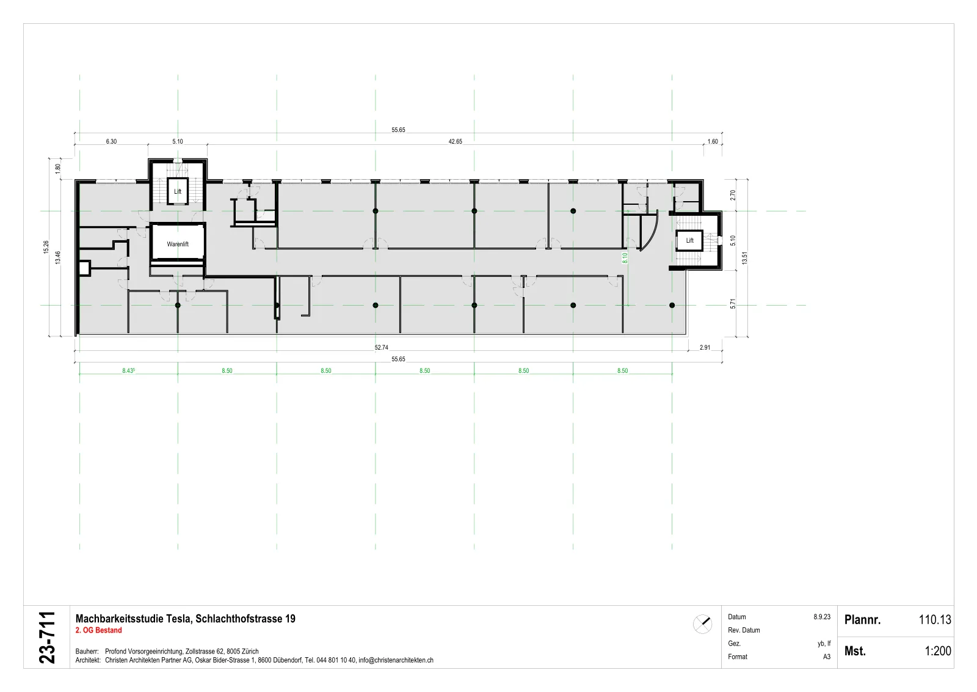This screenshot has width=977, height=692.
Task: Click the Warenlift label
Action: [x=178, y=244]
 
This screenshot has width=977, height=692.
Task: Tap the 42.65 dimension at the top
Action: [x=456, y=141]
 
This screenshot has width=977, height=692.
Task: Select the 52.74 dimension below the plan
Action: [x=381, y=347]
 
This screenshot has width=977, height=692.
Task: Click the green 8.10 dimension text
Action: [x=625, y=258]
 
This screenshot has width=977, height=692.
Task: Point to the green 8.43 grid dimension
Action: [x=128, y=370]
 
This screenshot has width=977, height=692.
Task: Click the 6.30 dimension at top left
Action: [x=111, y=141]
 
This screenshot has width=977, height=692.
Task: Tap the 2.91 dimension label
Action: [x=705, y=347]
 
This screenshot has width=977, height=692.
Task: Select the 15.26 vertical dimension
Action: [x=46, y=248]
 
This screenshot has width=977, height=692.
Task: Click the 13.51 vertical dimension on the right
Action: [x=744, y=258]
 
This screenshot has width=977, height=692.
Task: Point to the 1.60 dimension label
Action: [x=713, y=141]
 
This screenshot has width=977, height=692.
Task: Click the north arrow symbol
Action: [x=703, y=624]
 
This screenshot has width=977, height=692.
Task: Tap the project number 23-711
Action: [x=47, y=638]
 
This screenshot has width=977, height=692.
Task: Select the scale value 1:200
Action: [x=938, y=651]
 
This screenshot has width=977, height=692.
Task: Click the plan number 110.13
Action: [x=935, y=619]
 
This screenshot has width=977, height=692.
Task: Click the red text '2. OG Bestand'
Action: [x=98, y=630]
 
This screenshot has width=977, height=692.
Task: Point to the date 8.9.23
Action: [x=822, y=617]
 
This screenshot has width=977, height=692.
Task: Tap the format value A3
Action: [x=827, y=657]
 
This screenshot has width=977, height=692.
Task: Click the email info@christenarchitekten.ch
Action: [x=396, y=660]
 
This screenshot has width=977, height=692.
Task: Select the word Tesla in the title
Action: [x=179, y=619]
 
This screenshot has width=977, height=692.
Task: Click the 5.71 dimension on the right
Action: [x=733, y=303]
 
